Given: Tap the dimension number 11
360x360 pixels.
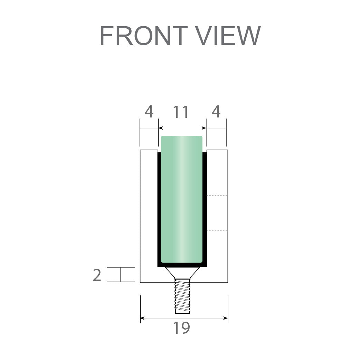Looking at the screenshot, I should pyautogui.click(x=181, y=112).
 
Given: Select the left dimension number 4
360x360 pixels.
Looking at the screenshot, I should pyautogui.click(x=149, y=112).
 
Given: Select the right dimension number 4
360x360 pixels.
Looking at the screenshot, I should pyautogui.click(x=216, y=112).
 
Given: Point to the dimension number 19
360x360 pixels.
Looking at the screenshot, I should pyautogui.click(x=181, y=328).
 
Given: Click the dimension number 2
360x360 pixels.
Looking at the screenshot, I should pyautogui.click(x=97, y=275).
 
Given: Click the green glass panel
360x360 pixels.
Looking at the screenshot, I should pyautogui.click(x=181, y=200).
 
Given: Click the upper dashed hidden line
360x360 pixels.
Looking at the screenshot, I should pyautogui.click(x=217, y=196).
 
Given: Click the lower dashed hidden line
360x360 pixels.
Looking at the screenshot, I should pyautogui.click(x=217, y=230).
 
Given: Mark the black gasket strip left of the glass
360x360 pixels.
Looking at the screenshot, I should pyautogui.click(x=159, y=207).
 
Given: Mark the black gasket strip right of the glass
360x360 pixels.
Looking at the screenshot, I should pyautogui.click(x=205, y=207).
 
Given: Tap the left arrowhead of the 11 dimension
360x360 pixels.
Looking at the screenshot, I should pyautogui.click(x=160, y=128).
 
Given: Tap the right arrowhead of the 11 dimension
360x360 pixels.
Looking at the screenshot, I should pyautogui.click(x=205, y=128).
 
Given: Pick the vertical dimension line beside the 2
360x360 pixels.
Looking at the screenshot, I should pyautogui.click(x=120, y=275).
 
